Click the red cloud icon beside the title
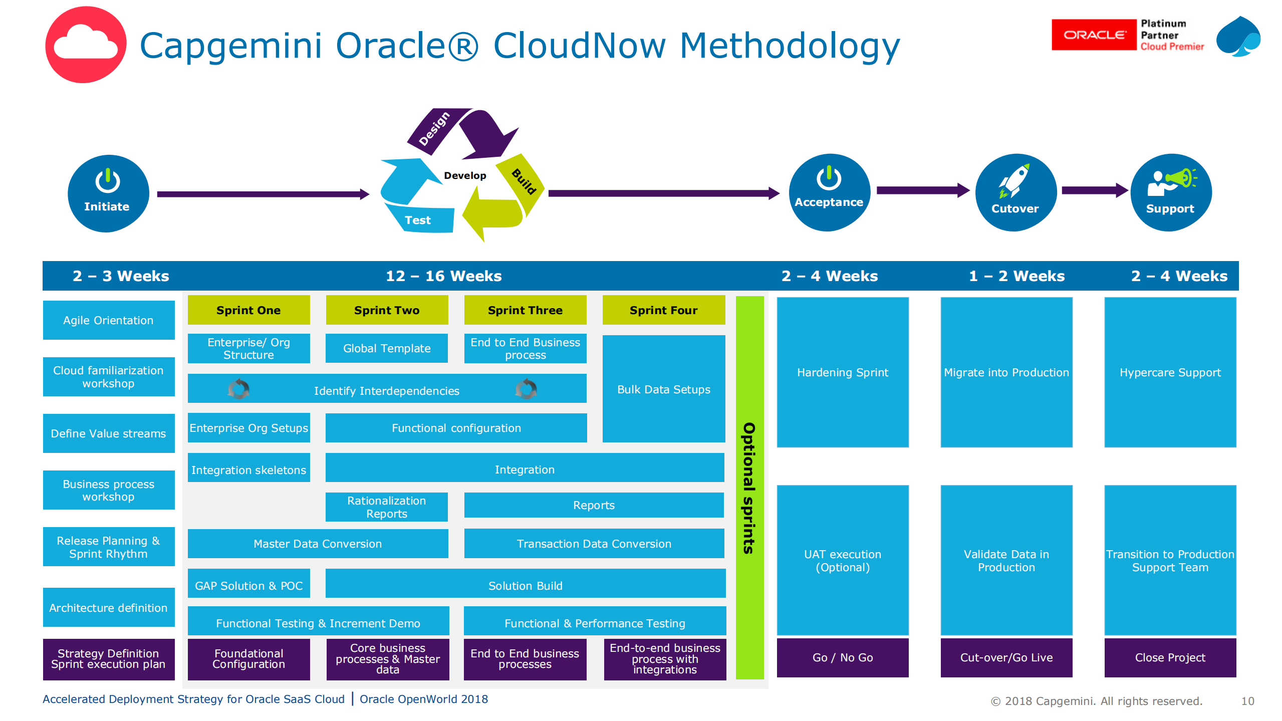(86, 45)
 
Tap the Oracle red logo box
(1094, 35)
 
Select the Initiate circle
(108, 193)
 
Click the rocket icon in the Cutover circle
(1013, 181)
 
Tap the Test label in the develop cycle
(417, 220)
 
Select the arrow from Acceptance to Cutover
(922, 190)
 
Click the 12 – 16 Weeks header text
(443, 276)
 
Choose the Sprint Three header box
(525, 310)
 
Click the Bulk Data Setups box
(663, 389)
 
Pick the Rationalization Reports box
(386, 507)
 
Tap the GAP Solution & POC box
(248, 585)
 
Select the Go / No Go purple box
(842, 657)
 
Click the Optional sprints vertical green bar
(749, 487)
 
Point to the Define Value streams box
(108, 433)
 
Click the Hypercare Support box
(1170, 372)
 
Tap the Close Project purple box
(1170, 657)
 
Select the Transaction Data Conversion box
(594, 544)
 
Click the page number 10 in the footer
(1247, 701)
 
